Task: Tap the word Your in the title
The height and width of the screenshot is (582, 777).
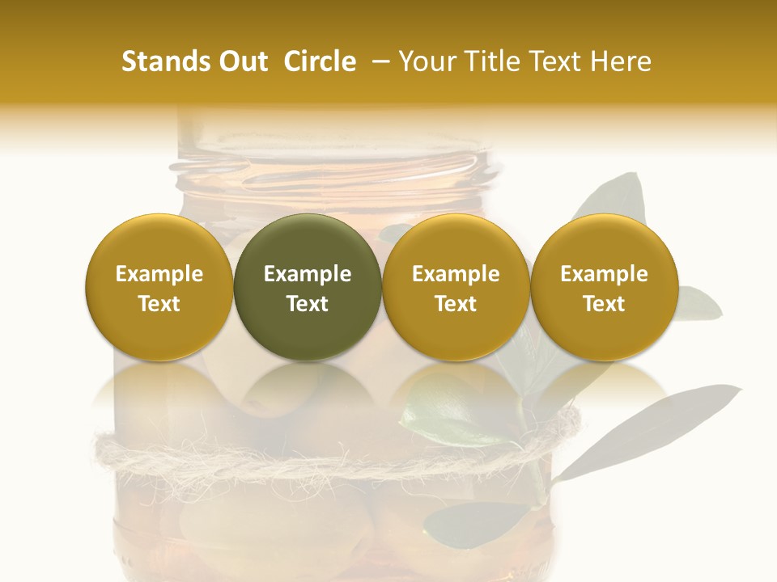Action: [x=426, y=61]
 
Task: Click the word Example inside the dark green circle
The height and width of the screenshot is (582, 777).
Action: [x=308, y=274]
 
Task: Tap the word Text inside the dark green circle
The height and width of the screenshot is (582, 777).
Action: [x=308, y=304]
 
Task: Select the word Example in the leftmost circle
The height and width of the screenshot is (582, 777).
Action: [x=159, y=274]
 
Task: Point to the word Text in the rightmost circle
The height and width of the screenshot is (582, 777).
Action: [x=604, y=304]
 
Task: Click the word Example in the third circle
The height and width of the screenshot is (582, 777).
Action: [x=456, y=274]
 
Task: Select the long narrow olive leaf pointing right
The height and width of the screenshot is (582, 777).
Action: [x=647, y=428]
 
